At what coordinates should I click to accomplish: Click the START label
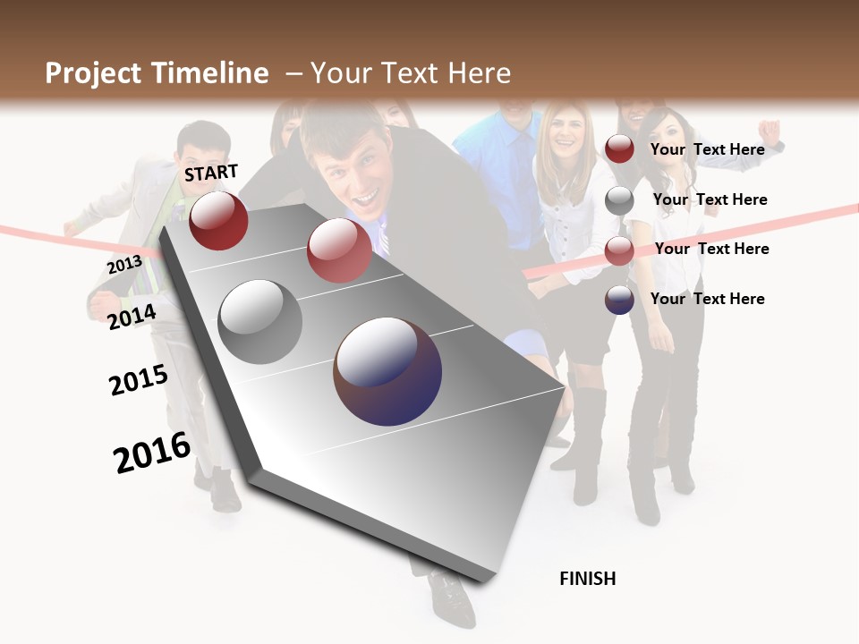211,172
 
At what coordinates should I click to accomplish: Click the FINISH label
587,579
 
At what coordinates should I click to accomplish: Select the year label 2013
124,265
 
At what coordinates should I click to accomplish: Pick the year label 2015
138,380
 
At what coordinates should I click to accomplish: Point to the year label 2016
151,453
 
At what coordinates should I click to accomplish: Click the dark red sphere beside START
218,220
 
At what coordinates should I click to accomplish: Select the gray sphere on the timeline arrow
259,322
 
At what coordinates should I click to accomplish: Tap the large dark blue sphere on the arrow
387,371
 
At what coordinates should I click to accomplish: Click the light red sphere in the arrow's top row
339,250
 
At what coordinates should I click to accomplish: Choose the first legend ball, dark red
619,149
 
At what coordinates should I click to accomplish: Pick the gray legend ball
619,200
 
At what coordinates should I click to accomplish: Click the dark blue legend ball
619,300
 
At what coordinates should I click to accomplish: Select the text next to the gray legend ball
710,199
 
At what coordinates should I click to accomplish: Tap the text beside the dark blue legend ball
707,299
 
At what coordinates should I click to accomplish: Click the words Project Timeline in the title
157,73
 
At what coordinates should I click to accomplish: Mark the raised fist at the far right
770,131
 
